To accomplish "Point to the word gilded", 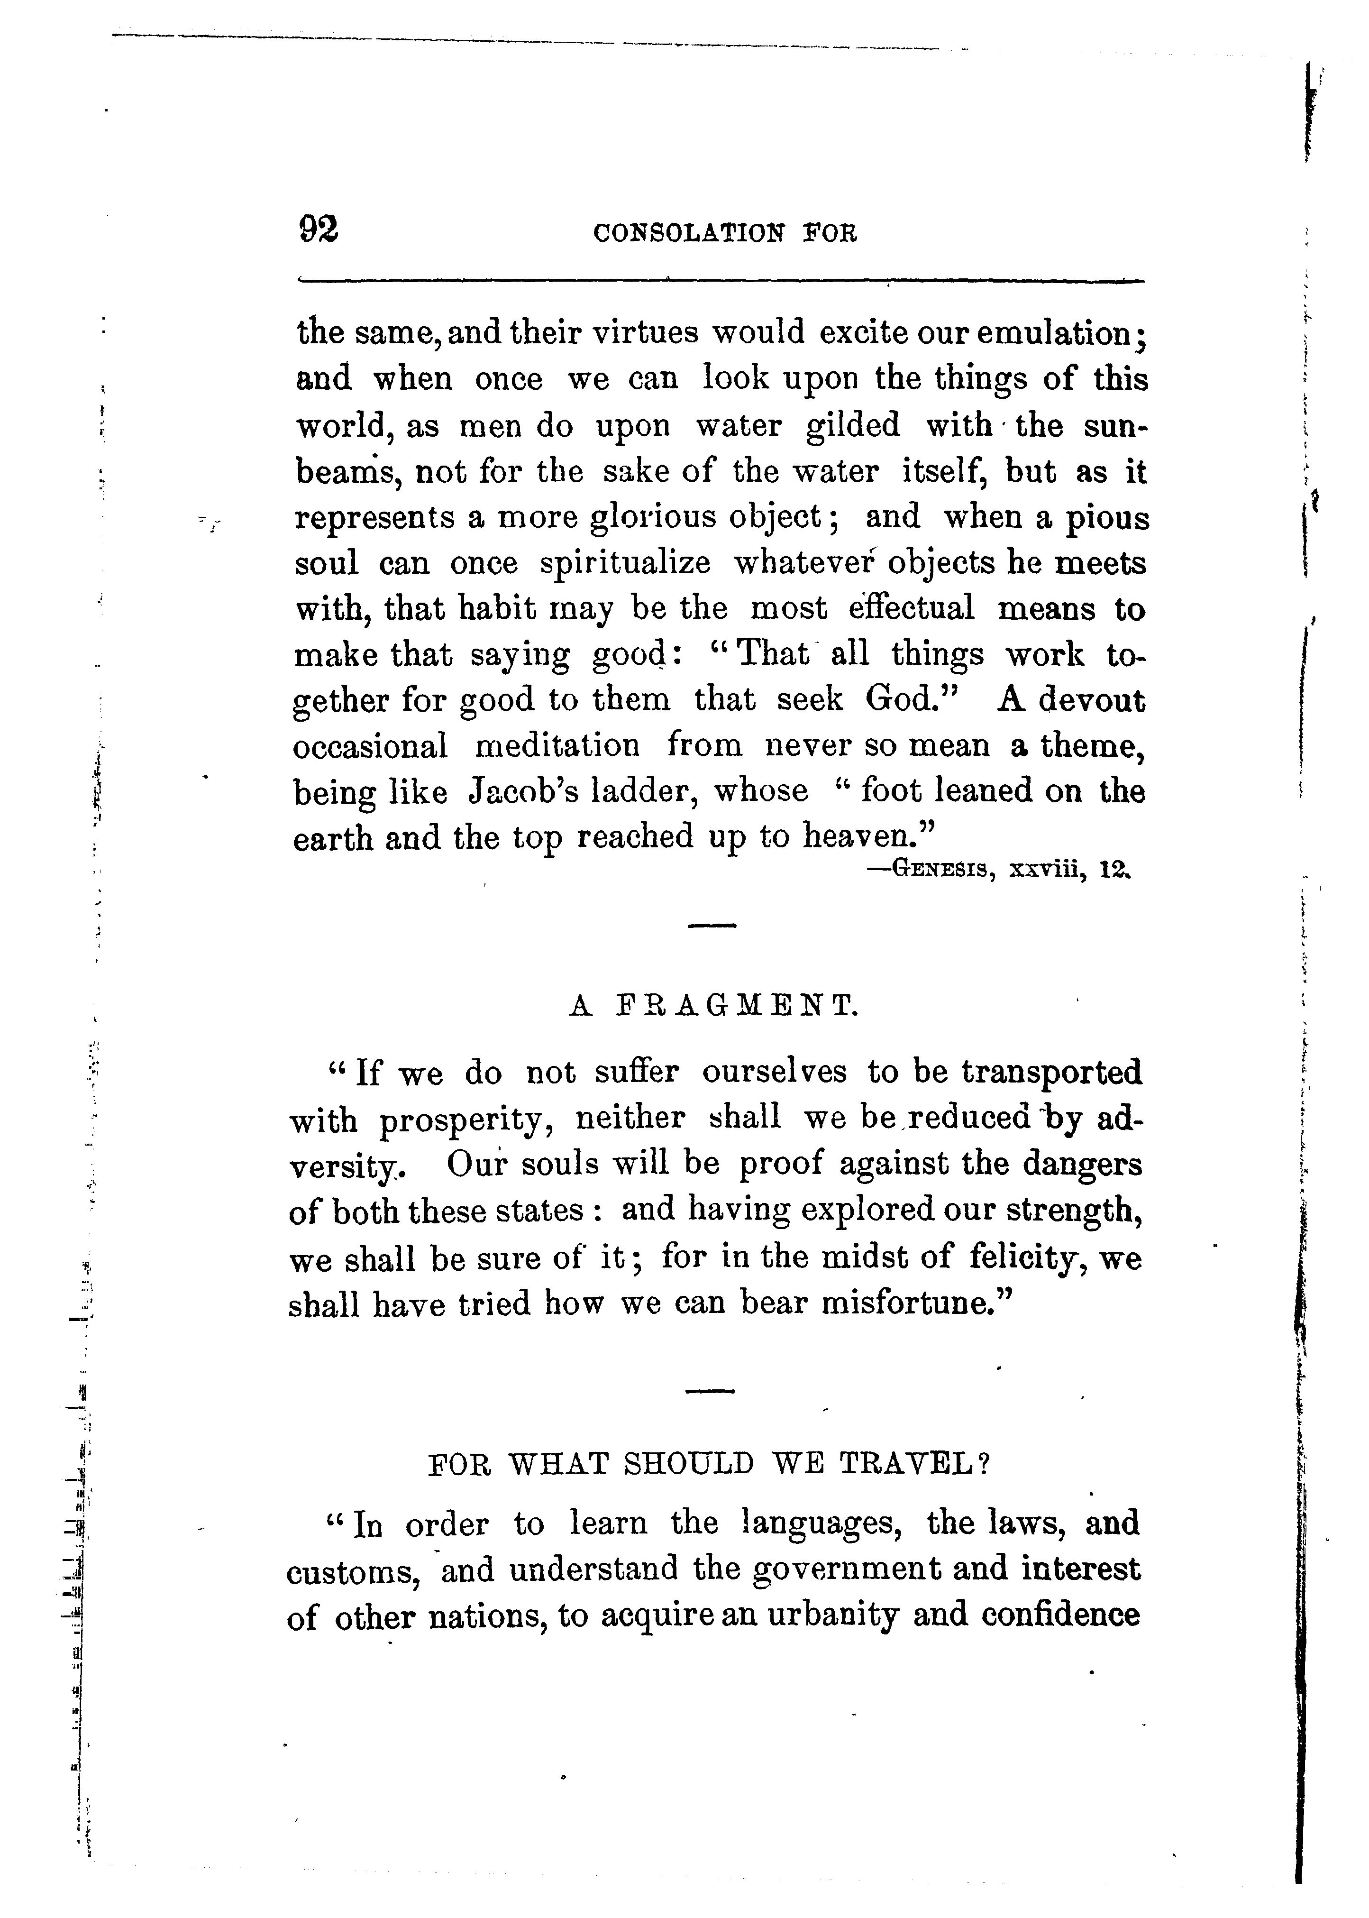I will tap(853, 425).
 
